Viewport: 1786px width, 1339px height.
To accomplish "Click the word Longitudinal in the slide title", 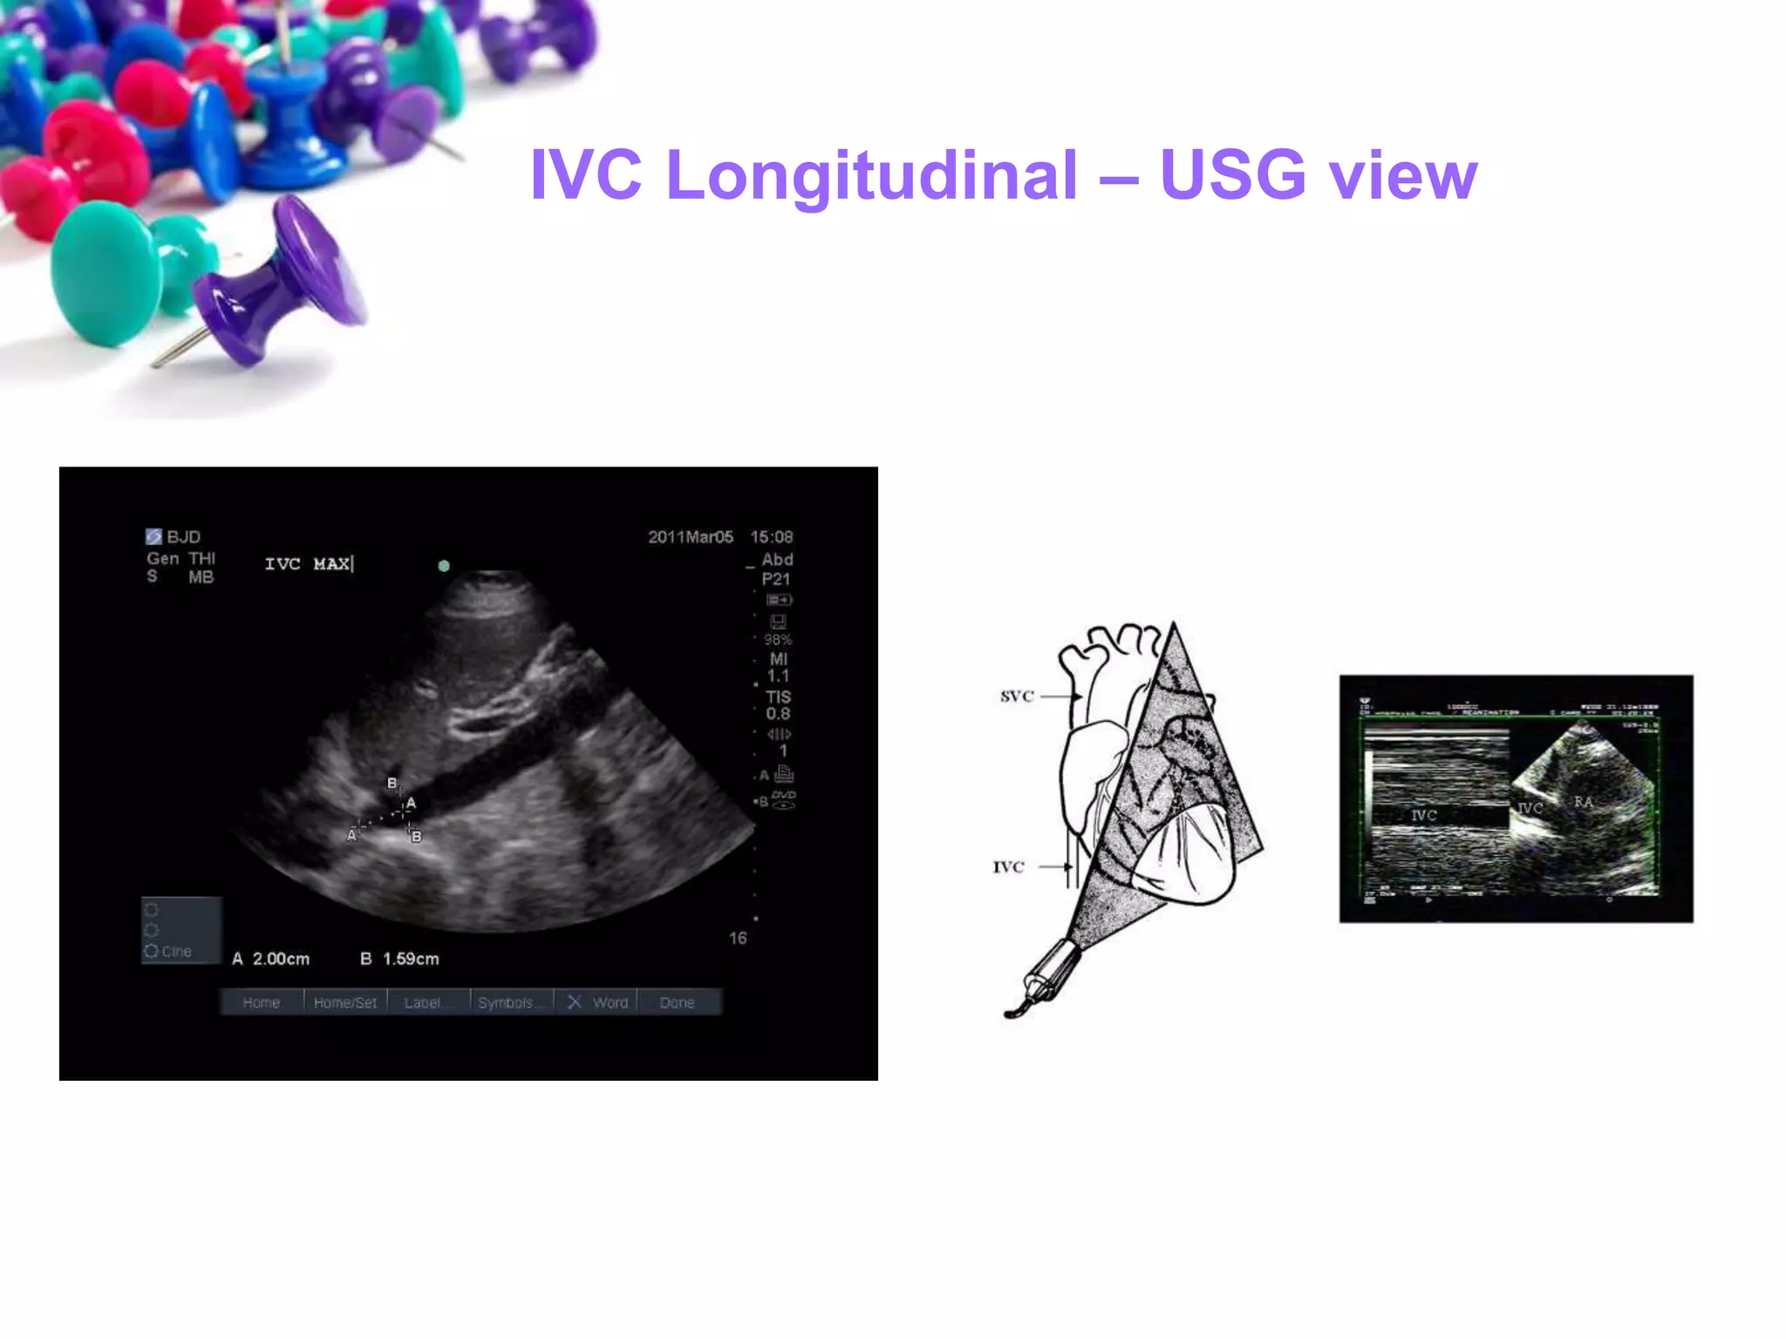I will pos(871,175).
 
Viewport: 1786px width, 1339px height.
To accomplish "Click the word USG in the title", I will pos(1232,175).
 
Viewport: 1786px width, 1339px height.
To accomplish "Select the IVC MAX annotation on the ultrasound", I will pos(308,564).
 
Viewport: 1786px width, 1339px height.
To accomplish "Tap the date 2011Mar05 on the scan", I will pos(690,537).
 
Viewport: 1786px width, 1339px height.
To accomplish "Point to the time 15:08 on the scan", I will pos(772,537).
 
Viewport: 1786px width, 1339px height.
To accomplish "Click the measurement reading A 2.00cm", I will pos(271,959).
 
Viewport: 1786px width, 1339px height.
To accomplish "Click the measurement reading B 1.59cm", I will pos(400,959).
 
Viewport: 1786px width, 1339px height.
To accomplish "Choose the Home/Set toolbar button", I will pos(344,1003).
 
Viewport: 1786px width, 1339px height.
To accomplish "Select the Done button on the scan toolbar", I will pos(677,1003).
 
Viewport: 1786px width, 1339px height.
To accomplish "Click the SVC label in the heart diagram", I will pos(1017,696).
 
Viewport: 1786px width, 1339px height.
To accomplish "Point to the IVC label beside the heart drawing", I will pos(1008,867).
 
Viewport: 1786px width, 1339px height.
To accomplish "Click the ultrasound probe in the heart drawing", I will pos(1046,975).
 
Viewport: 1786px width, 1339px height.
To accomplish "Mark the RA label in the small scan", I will pos(1583,802).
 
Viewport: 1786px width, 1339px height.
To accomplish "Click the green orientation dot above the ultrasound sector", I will pos(444,566).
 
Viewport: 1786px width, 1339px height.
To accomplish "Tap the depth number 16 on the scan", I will pos(738,938).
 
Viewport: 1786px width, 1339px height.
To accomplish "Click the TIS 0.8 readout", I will pos(778,705).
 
